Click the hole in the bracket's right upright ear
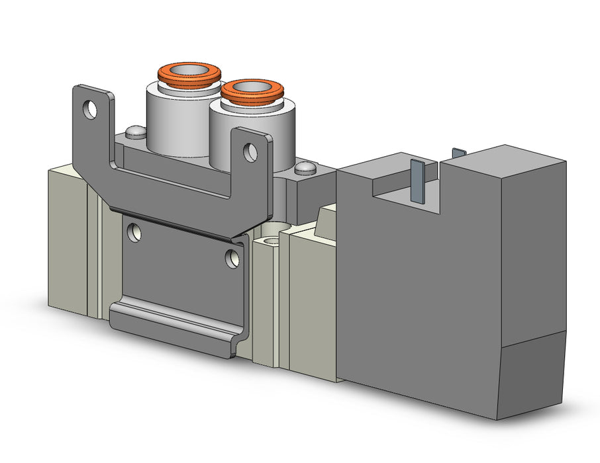[x=250, y=153]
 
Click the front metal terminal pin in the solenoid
[x=417, y=180]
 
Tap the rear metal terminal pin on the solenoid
[x=458, y=153]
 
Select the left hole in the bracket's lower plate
[x=135, y=232]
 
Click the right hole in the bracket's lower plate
[x=232, y=259]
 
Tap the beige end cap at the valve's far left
[x=66, y=238]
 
